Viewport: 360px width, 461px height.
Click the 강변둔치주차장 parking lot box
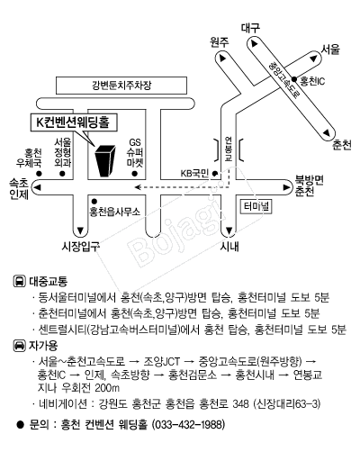[x=121, y=86]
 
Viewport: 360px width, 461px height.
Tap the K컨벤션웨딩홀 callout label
[x=74, y=122]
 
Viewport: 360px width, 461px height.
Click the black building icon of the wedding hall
[x=105, y=160]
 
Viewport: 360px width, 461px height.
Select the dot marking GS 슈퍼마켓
[x=135, y=174]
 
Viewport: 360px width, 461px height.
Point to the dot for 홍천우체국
[x=39, y=174]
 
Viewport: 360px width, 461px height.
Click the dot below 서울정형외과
[x=62, y=174]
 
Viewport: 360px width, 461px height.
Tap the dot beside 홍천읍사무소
[x=94, y=201]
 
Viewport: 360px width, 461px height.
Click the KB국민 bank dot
[x=215, y=174]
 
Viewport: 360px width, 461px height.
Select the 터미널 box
[x=256, y=206]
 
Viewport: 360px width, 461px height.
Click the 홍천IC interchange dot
[x=294, y=79]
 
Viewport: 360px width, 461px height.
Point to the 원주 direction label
[x=220, y=42]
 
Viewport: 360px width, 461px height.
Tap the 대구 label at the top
[x=250, y=28]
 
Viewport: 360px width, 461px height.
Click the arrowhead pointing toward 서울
[x=314, y=59]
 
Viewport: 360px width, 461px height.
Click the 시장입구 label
[x=80, y=247]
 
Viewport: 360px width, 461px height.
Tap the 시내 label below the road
[x=229, y=247]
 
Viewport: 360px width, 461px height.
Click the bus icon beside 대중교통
[x=20, y=281]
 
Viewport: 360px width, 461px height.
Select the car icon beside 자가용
[x=20, y=346]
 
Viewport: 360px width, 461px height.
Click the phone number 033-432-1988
[x=188, y=425]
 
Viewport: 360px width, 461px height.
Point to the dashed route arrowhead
[x=138, y=187]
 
